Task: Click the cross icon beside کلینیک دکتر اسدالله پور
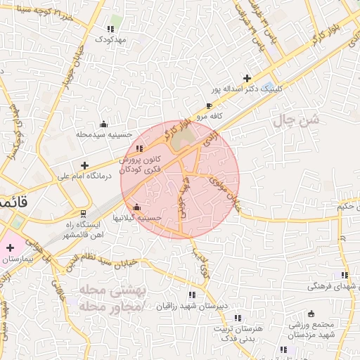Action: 247,78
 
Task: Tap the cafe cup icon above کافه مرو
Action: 209,105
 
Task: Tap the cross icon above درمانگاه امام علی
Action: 85,165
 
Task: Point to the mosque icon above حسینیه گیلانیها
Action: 136,207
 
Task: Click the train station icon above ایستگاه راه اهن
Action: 84,213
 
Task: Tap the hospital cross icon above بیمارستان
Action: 10,247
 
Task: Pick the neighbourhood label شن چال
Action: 296,121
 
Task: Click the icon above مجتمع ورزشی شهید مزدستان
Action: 311,314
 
